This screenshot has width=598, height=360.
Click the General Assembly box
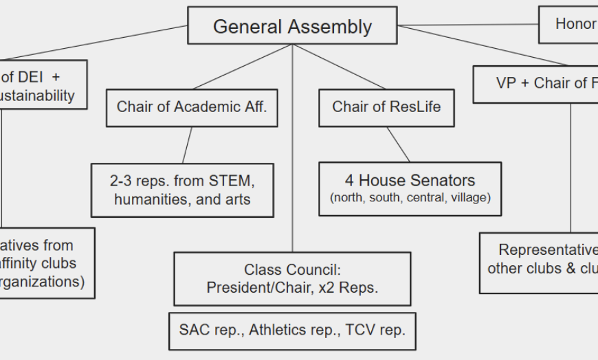tap(292, 27)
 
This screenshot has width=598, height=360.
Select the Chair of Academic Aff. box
tap(192, 107)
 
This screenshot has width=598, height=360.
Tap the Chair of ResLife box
tap(386, 107)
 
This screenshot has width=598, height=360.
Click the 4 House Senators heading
tap(410, 181)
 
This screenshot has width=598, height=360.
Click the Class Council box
tap(292, 278)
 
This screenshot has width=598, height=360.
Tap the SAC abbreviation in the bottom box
tap(195, 330)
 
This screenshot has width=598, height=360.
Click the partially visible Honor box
tap(568, 24)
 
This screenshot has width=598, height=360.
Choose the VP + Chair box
tap(535, 83)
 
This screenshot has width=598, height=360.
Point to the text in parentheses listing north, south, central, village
tap(410, 199)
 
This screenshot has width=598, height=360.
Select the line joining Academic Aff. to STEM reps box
tap(188, 144)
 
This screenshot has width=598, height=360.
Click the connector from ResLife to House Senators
tap(398, 144)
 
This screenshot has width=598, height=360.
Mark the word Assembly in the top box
tap(332, 27)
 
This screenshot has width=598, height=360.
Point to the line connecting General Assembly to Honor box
tap(467, 25)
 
